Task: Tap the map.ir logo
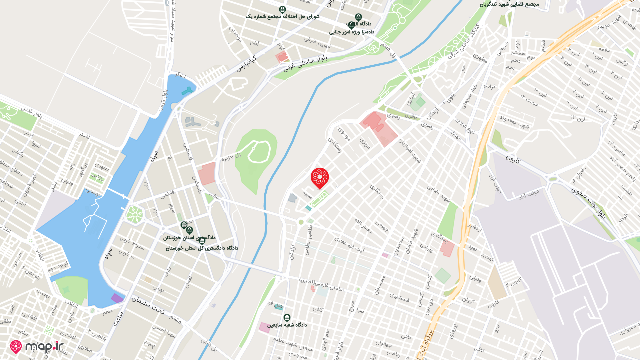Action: (37, 346)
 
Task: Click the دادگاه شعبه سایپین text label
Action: (287, 325)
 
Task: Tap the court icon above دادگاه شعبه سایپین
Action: (287, 317)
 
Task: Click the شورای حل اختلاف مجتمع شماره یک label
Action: (282, 17)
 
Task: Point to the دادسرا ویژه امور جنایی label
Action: (352, 31)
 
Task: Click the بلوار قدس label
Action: (31, 118)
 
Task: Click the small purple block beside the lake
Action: (117, 298)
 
